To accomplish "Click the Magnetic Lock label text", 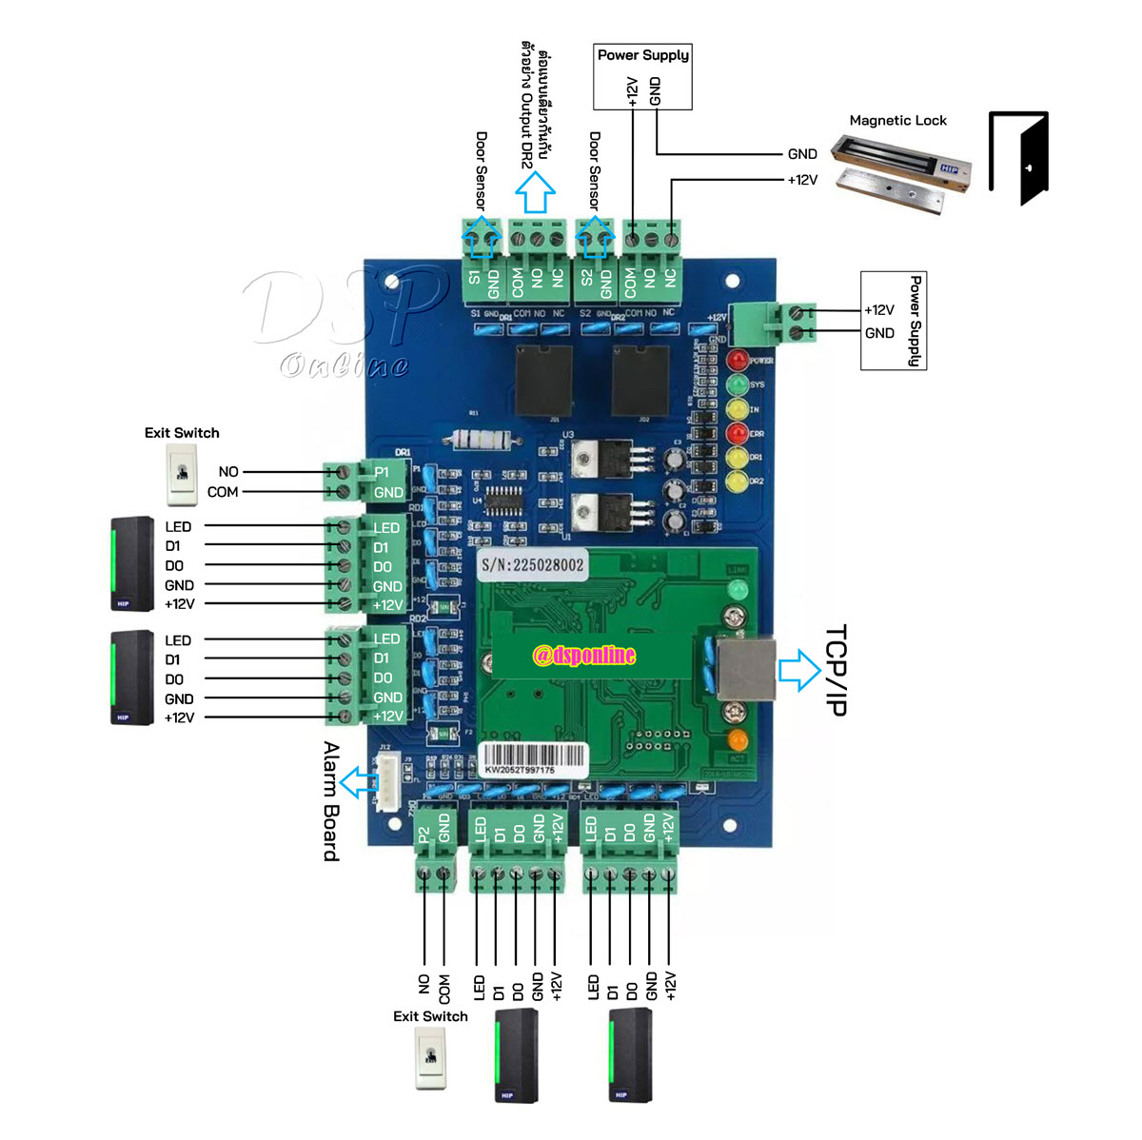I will pyautogui.click(x=897, y=121).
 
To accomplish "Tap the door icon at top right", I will pyautogui.click(x=1020, y=158).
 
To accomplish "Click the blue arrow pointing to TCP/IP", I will pyautogui.click(x=798, y=669).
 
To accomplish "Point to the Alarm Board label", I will pyautogui.click(x=330, y=801).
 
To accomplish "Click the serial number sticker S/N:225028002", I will pyautogui.click(x=532, y=564).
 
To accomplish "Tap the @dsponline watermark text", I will pyautogui.click(x=583, y=655).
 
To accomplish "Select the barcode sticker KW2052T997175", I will pyautogui.click(x=532, y=759).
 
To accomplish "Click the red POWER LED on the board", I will pyautogui.click(x=738, y=361).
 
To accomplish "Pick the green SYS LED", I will pyautogui.click(x=738, y=384).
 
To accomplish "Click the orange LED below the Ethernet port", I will pyautogui.click(x=737, y=738).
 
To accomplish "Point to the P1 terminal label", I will pyautogui.click(x=382, y=472).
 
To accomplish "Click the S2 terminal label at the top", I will pyautogui.click(x=586, y=277).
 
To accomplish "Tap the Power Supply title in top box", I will pyautogui.click(x=642, y=55).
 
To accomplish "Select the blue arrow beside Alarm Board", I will pyautogui.click(x=357, y=783).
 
